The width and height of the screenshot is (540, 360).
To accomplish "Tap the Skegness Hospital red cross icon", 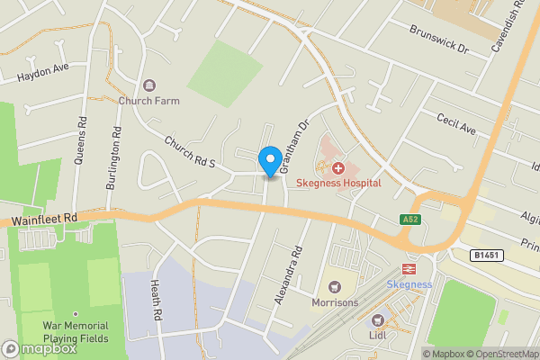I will pyautogui.click(x=339, y=167).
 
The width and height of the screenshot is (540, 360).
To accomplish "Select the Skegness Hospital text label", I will pyautogui.click(x=339, y=183).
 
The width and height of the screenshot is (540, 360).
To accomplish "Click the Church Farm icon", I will pyautogui.click(x=149, y=85).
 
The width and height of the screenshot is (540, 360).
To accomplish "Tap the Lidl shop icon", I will pyautogui.click(x=378, y=320).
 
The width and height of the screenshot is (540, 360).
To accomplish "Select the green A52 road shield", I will pyautogui.click(x=409, y=220).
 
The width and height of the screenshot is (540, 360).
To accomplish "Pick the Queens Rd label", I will pyautogui.click(x=83, y=147).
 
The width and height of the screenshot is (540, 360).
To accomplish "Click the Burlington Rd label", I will pyautogui.click(x=115, y=162).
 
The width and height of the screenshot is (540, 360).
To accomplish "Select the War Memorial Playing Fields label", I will pyautogui.click(x=76, y=332).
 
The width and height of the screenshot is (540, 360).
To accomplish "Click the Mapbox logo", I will pyautogui.click(x=38, y=348).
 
